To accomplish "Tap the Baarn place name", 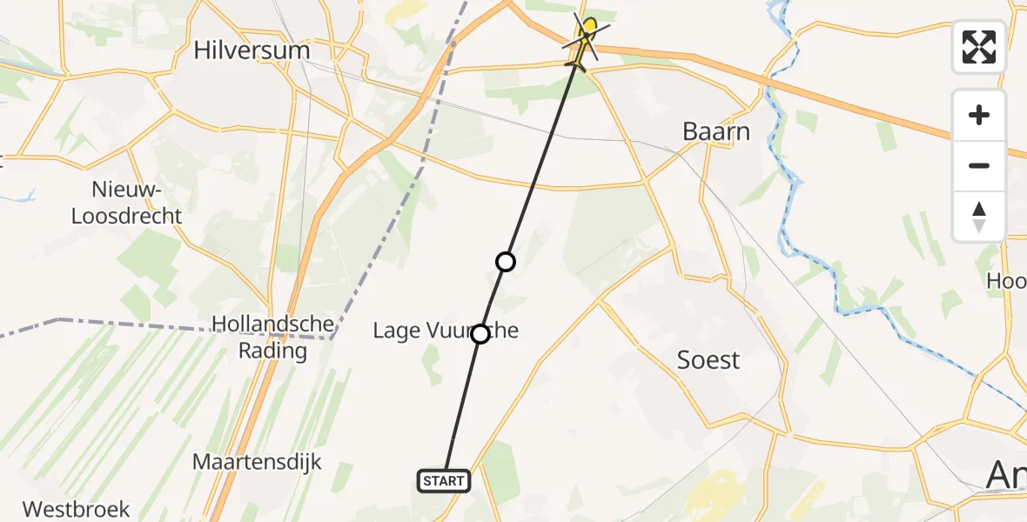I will click(715, 132).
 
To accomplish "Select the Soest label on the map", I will click(708, 359).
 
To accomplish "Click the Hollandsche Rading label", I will click(273, 338).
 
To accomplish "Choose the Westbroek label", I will click(77, 509).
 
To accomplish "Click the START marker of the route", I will click(444, 480).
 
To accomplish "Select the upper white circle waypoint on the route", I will click(506, 261).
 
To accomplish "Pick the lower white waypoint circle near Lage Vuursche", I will click(480, 333).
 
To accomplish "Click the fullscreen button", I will click(979, 47).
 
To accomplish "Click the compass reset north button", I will click(979, 217).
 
